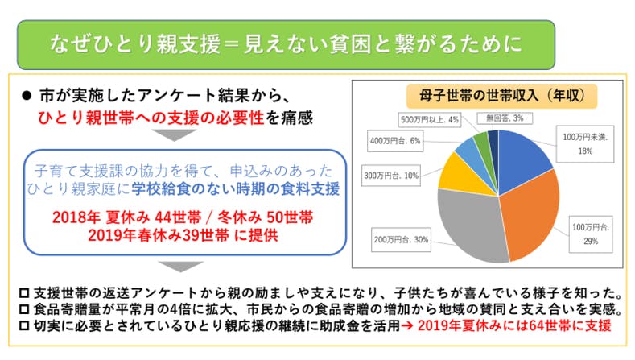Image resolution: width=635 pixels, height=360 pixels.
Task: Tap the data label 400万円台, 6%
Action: click(400, 141)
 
